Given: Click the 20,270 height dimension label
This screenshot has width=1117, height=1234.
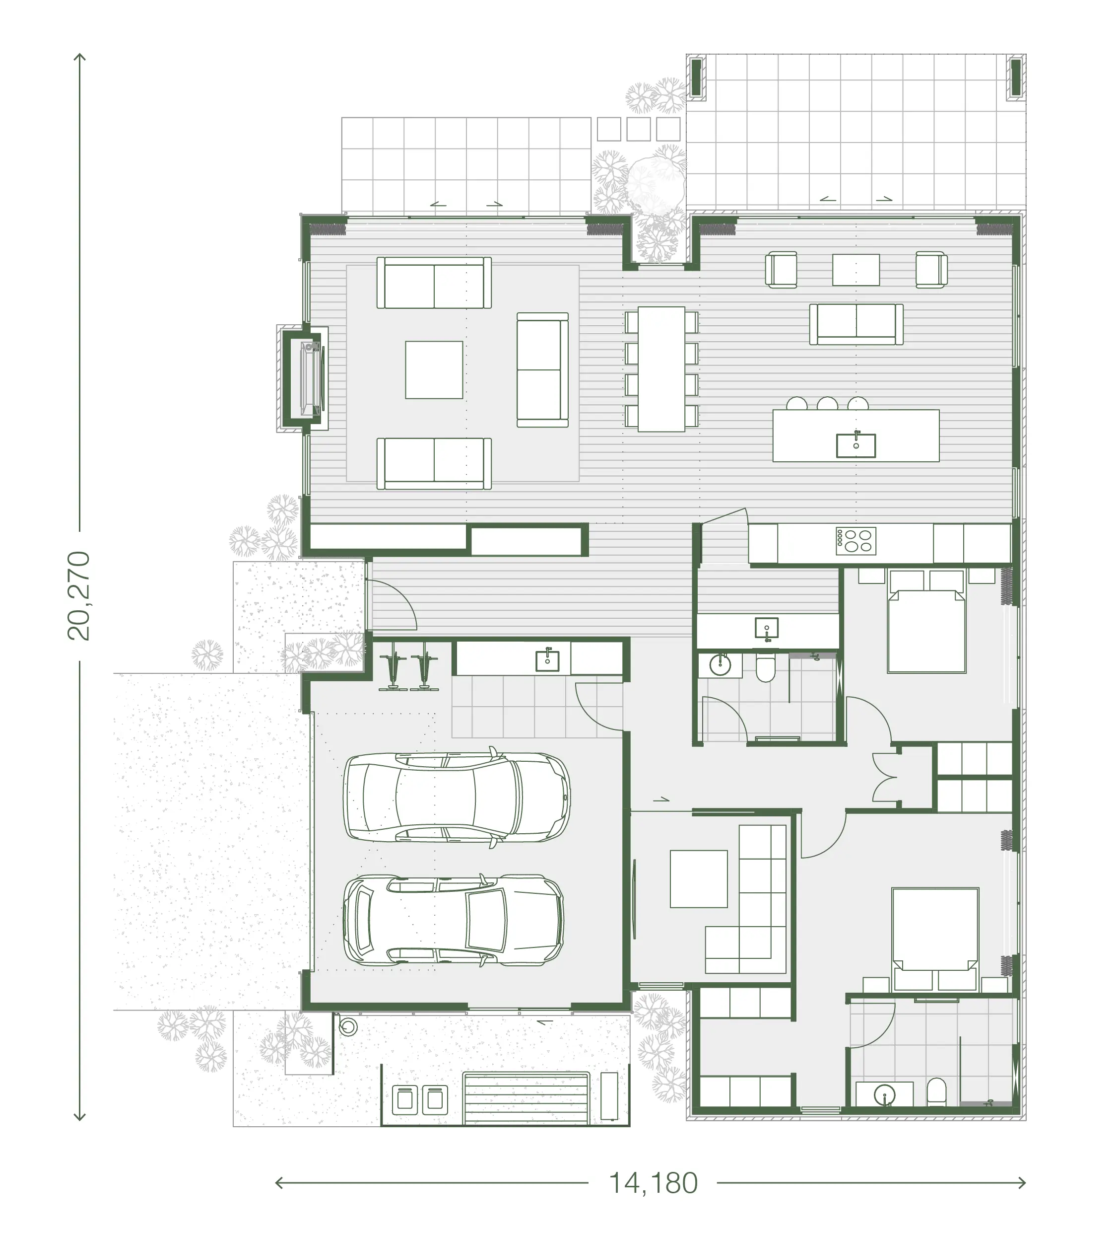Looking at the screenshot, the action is click(x=78, y=595).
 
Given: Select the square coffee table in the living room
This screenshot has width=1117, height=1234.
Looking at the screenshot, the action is click(x=434, y=370).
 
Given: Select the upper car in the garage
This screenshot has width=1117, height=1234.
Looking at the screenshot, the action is click(x=457, y=798).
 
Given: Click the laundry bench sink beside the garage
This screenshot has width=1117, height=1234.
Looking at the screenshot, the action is click(x=547, y=660).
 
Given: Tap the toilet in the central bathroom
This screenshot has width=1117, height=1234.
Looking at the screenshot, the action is click(x=765, y=668).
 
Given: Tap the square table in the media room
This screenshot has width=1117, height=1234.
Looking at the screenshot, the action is click(x=699, y=878).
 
